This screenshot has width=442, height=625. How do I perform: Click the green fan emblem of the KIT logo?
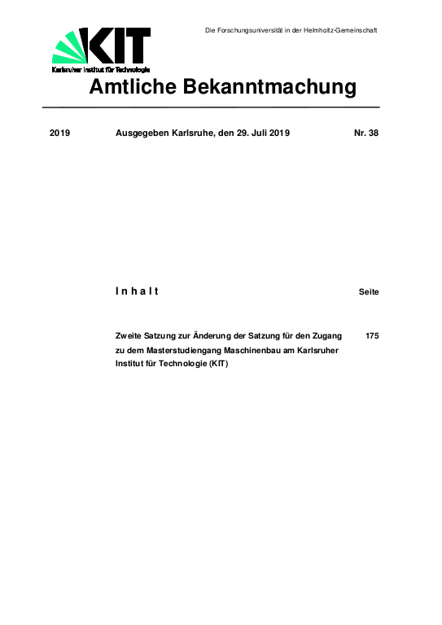click(x=69, y=47)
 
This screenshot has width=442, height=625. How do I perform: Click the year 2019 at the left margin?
click(x=60, y=133)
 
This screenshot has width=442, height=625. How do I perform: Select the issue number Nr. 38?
click(x=365, y=133)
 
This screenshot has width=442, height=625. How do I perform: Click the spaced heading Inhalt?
click(x=137, y=291)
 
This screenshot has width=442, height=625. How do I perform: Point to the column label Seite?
click(x=368, y=291)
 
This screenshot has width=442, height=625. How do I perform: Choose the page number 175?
click(x=372, y=335)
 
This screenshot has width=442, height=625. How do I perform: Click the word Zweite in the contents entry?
click(x=133, y=335)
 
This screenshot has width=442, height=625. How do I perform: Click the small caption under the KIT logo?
click(x=100, y=70)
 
